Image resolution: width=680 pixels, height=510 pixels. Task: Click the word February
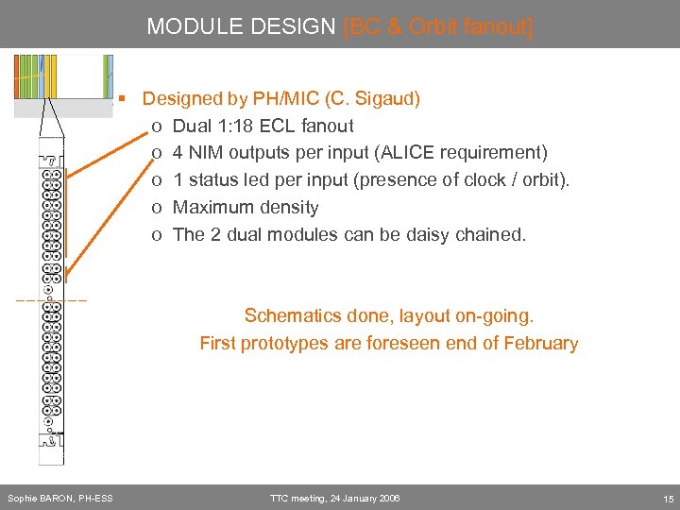click(540, 343)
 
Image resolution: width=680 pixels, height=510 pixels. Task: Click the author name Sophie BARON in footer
click(40, 498)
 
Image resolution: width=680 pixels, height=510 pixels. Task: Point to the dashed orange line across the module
click(51, 300)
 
